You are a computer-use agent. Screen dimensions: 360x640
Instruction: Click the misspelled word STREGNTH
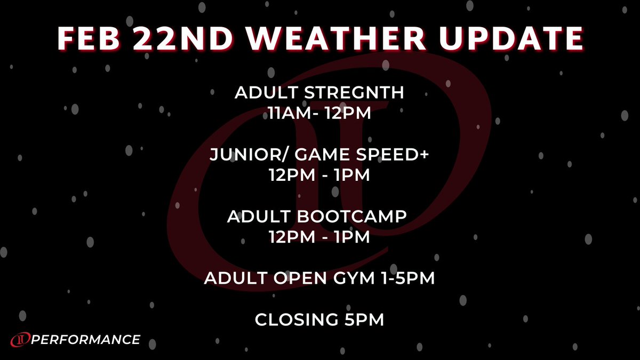(x=354, y=93)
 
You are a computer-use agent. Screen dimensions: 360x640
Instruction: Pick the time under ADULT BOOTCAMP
(x=319, y=237)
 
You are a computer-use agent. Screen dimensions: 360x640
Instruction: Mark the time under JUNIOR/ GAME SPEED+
(x=319, y=175)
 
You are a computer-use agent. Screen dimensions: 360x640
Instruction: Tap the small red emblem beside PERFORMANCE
(x=20, y=340)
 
